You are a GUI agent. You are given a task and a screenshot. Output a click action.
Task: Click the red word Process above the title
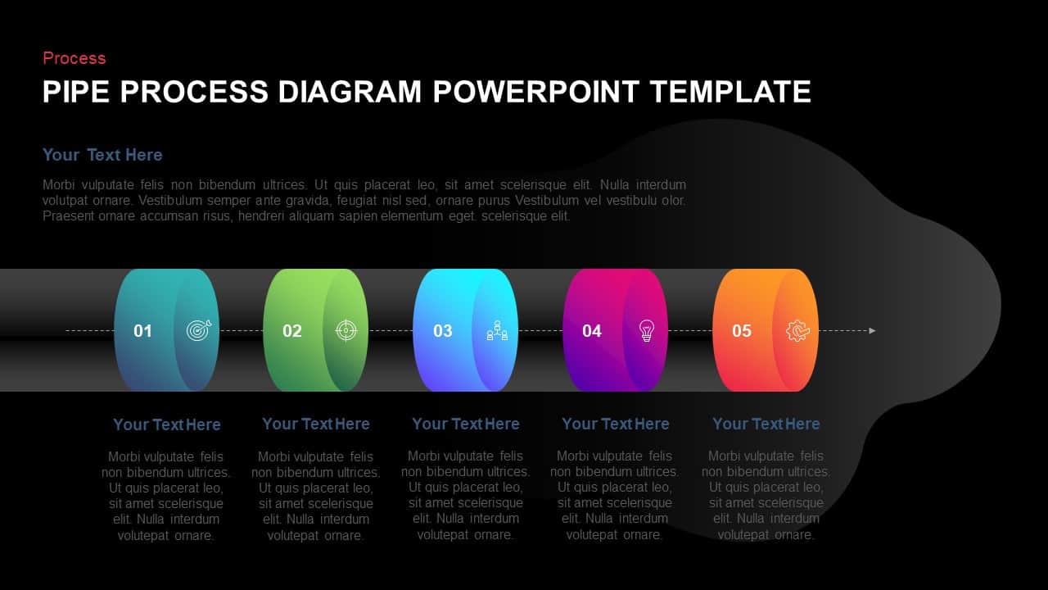(74, 58)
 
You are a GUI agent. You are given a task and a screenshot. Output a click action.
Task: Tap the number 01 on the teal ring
(143, 331)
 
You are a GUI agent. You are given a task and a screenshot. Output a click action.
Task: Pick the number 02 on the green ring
(292, 331)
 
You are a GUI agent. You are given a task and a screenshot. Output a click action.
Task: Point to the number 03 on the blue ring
(443, 331)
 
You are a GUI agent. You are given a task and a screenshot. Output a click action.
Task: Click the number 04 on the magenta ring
(592, 331)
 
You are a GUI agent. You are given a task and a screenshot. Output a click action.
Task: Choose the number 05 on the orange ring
(742, 331)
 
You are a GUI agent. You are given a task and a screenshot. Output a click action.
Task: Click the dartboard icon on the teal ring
(198, 330)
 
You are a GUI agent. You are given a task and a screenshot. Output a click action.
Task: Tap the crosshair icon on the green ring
(346, 330)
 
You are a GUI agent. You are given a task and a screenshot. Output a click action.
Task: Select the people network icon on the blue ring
(497, 331)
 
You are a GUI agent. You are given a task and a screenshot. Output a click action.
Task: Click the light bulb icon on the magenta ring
(647, 330)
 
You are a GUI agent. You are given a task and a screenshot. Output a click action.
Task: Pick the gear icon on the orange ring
(797, 330)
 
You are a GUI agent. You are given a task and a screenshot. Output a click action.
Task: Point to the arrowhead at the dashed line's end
(872, 331)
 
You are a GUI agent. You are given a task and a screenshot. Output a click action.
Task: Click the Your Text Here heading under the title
(102, 155)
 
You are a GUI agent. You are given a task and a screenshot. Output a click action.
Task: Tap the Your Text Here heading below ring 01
(167, 424)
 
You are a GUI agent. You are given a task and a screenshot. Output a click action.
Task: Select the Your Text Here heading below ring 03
(466, 424)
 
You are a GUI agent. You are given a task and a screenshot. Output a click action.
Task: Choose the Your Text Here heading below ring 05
(766, 424)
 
